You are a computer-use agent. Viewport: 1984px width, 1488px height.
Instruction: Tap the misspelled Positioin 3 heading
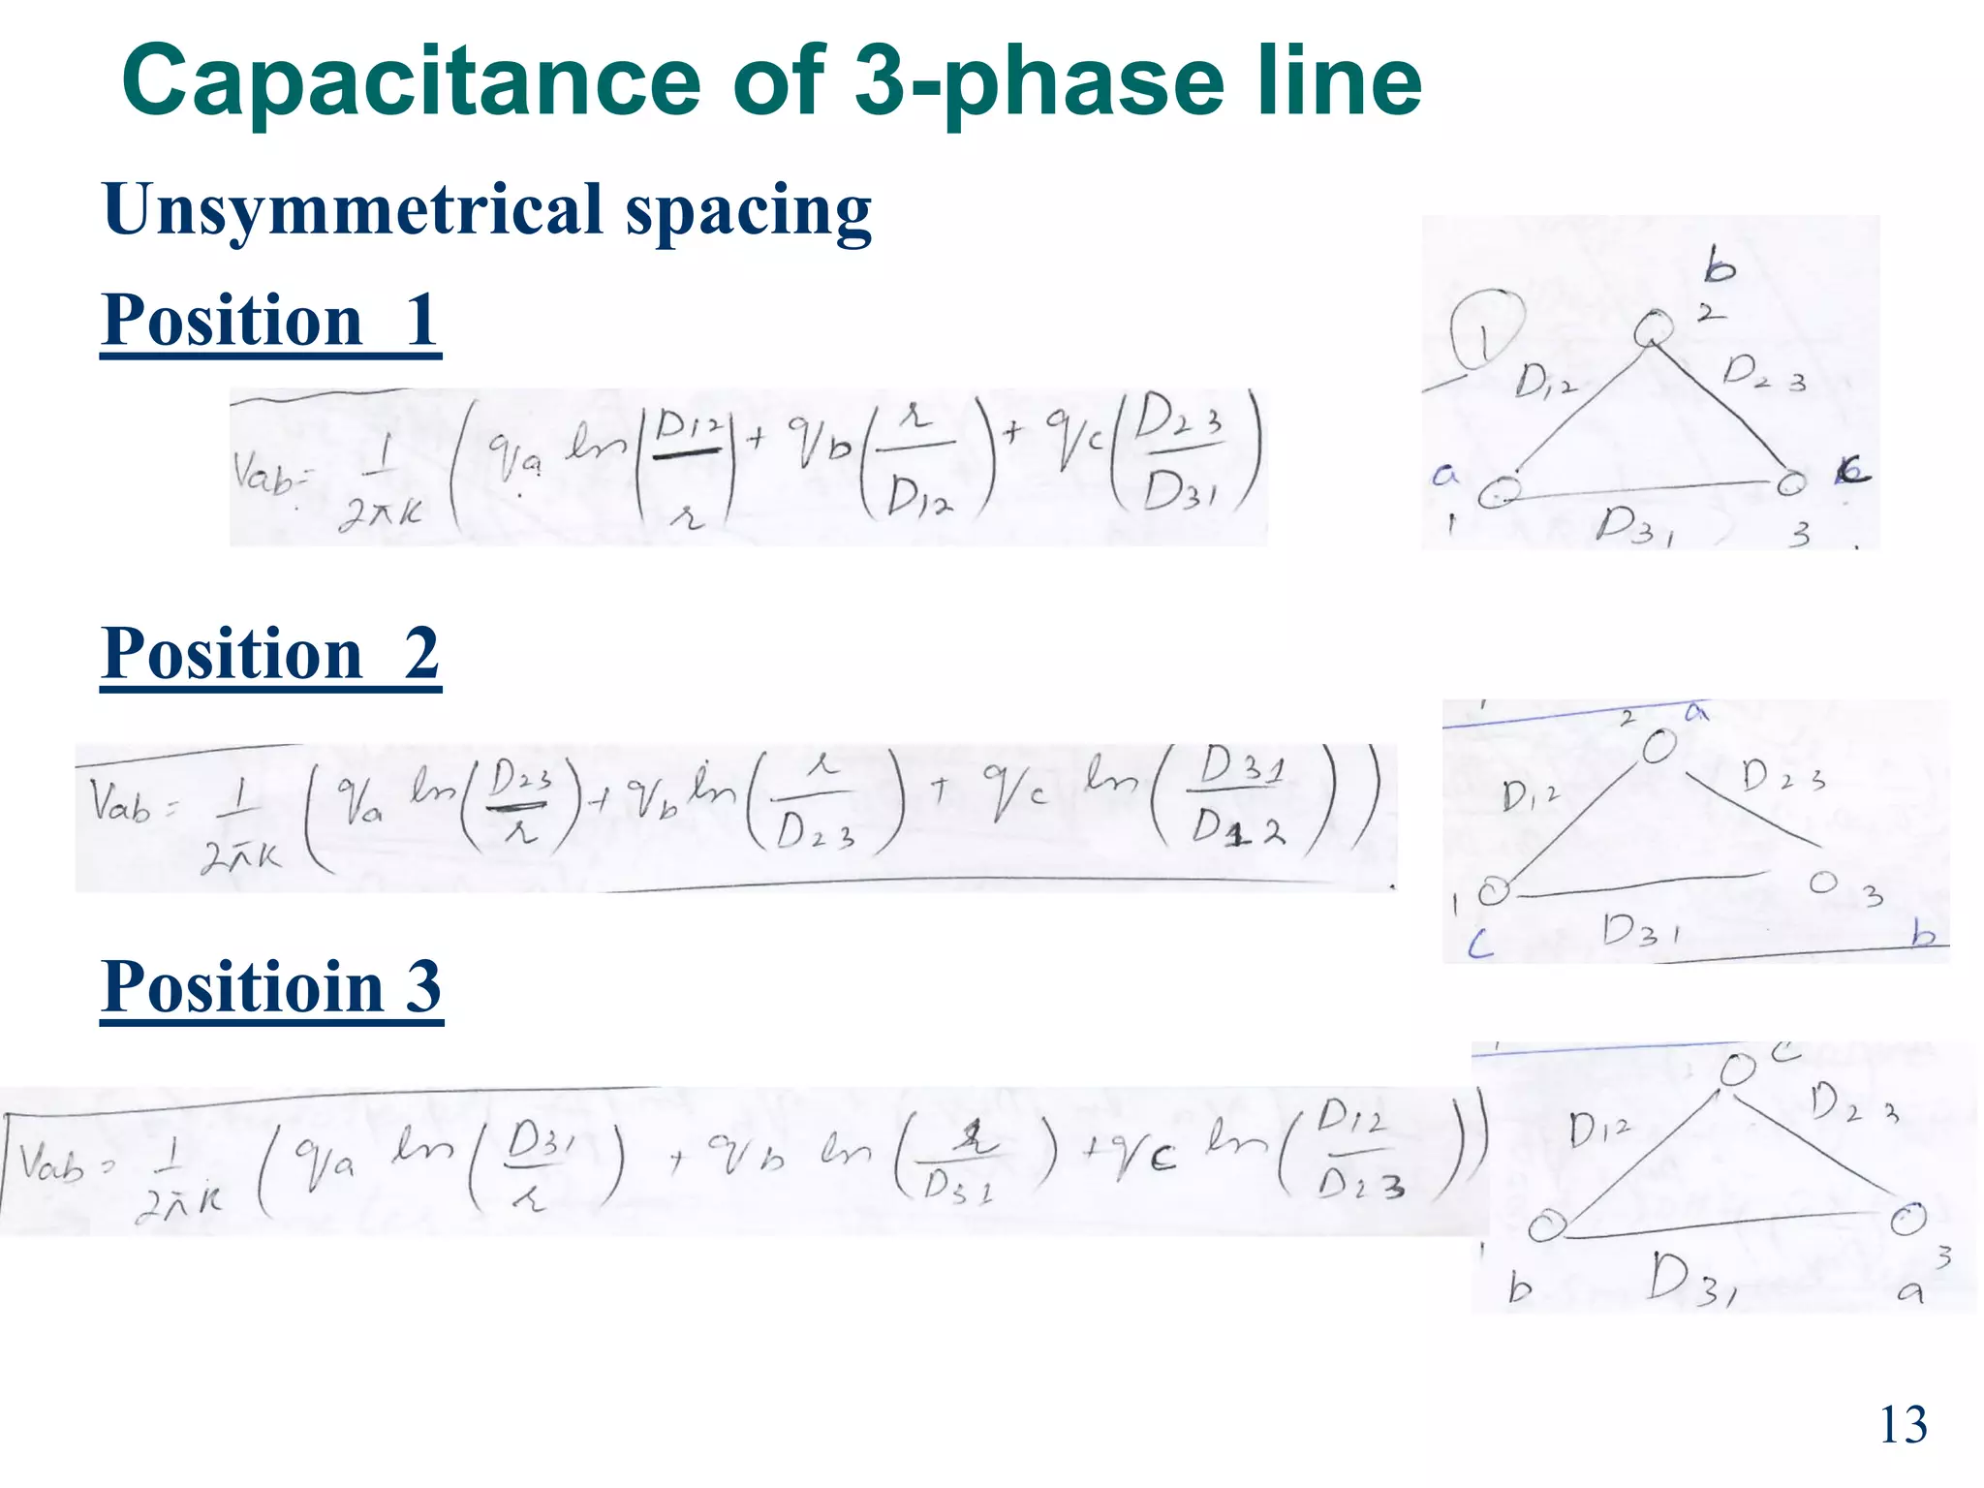pos(271,987)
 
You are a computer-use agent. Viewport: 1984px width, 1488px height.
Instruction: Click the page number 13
pos(1903,1425)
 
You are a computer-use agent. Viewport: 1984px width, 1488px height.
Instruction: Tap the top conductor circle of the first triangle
pos(1652,328)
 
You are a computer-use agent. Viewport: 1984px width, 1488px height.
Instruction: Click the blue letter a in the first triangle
pos(1445,475)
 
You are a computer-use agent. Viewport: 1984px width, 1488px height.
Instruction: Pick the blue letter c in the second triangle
pos(1480,945)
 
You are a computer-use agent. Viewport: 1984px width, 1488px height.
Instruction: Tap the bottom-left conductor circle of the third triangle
pos(1546,1226)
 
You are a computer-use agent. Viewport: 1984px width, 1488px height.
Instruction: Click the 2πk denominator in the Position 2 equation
pos(240,855)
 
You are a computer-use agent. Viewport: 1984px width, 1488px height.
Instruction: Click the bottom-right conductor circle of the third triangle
pos(1907,1219)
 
